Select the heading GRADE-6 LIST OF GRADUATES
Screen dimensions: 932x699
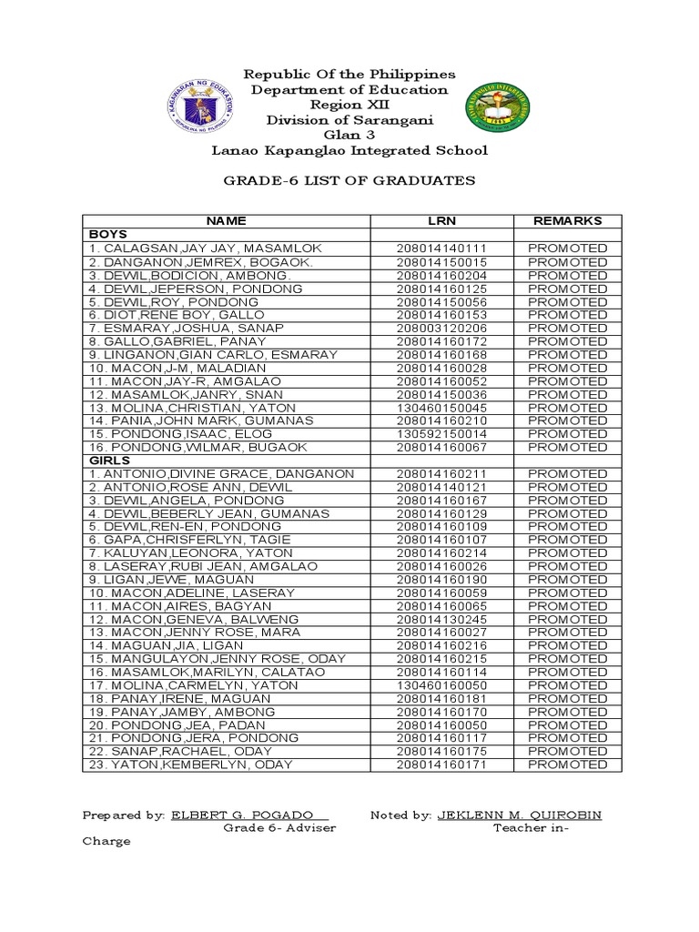(x=349, y=180)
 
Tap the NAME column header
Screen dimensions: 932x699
(x=226, y=221)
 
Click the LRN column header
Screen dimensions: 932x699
(x=441, y=221)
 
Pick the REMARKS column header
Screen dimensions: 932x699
(x=567, y=221)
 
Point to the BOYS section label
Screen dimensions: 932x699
(x=107, y=234)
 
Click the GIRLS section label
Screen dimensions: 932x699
(x=109, y=461)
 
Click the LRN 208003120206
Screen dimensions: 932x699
(x=441, y=328)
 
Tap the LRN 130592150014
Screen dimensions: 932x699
(x=441, y=434)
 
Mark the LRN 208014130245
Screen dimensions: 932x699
(x=441, y=620)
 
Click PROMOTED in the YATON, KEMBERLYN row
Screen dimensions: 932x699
(x=567, y=765)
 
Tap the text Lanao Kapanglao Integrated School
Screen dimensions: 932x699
(x=349, y=151)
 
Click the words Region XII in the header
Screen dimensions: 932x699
(x=349, y=105)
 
